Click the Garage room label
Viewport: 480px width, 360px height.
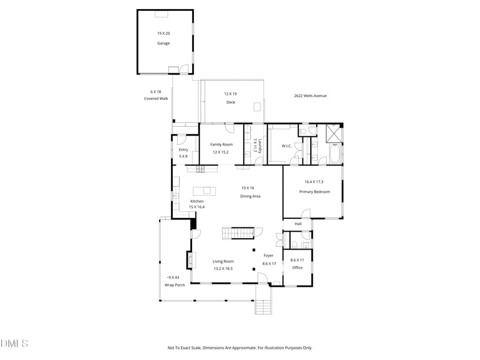tap(163, 43)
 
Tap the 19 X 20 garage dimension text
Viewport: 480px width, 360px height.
tap(163, 34)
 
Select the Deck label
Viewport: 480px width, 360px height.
tap(230, 103)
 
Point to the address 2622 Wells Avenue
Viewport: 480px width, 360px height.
tap(310, 95)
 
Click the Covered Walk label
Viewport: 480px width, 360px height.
tap(156, 98)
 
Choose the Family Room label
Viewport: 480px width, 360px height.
tap(221, 145)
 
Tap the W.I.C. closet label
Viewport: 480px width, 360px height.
tap(286, 146)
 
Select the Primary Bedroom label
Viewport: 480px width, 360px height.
tap(314, 191)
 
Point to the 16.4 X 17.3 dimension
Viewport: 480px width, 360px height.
tap(314, 182)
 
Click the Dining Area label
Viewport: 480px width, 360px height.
tap(250, 196)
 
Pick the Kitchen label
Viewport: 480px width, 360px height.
tap(197, 201)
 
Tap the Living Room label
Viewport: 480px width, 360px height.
tap(223, 261)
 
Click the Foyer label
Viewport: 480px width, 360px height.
tap(269, 256)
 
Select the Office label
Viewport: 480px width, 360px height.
tap(297, 267)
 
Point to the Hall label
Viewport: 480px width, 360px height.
tap(298, 224)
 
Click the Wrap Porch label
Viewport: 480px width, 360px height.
tap(175, 285)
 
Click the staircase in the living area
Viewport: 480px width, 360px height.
tap(238, 232)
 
